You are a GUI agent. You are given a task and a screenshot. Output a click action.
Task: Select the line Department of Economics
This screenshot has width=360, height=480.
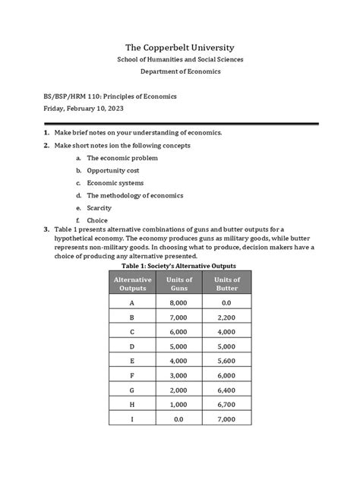(x=180, y=71)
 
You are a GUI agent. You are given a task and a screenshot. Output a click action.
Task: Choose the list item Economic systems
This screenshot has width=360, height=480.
(x=115, y=183)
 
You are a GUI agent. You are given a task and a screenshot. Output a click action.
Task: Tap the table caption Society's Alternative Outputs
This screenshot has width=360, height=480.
(x=180, y=265)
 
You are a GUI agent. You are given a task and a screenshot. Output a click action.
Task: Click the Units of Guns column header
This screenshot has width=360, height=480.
(x=179, y=284)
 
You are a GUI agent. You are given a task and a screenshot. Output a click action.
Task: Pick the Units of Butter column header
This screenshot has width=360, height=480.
(x=227, y=284)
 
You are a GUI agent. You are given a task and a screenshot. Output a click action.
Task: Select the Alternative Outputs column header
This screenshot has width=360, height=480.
(x=132, y=284)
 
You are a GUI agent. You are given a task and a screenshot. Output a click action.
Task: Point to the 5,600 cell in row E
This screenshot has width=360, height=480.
(x=227, y=361)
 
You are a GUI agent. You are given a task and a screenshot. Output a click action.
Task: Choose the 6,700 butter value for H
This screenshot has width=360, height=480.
(x=227, y=405)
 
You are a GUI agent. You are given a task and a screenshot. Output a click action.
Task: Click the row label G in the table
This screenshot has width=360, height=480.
(x=132, y=390)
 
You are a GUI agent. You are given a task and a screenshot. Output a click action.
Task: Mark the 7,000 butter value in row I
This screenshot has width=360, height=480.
(x=227, y=419)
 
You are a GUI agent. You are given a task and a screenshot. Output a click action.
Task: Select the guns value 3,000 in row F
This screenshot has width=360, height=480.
(x=179, y=375)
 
